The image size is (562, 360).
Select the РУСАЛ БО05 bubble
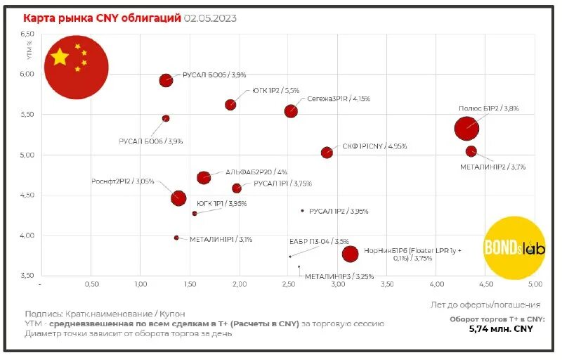click(166, 80)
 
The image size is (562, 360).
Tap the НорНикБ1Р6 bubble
click(350, 254)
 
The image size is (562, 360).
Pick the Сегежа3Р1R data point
click(291, 111)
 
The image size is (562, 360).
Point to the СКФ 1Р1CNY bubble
click(327, 153)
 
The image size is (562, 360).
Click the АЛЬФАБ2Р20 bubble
click(204, 177)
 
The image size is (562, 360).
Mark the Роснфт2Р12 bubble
click(178, 198)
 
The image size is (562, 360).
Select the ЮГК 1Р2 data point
click(230, 105)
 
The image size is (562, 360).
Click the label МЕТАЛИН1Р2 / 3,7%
click(493, 167)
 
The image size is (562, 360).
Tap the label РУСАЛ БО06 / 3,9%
click(150, 141)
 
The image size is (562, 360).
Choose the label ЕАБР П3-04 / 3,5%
click(319, 241)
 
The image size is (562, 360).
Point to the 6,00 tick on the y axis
click(27, 74)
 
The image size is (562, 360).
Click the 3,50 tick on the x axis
click(387, 285)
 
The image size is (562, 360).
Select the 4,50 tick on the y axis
click(27, 195)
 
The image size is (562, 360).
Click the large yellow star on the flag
click(60, 57)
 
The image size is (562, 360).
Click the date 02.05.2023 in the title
click(210, 18)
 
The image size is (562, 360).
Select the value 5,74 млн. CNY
click(500, 328)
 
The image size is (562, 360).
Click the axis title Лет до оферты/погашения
click(485, 305)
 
